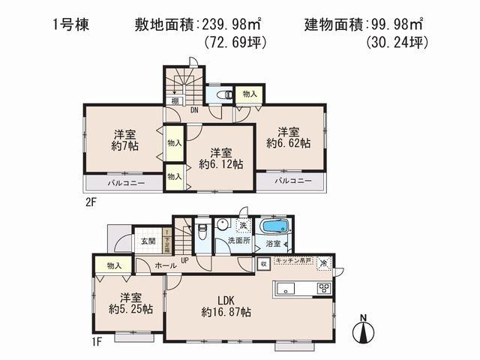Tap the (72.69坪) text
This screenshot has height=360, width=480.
coord(236,43)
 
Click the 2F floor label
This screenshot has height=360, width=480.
coord(90,202)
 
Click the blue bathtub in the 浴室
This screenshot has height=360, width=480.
coord(274,227)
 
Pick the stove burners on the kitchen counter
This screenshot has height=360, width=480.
coord(325,288)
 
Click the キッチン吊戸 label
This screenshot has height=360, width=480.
coord(293,259)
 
